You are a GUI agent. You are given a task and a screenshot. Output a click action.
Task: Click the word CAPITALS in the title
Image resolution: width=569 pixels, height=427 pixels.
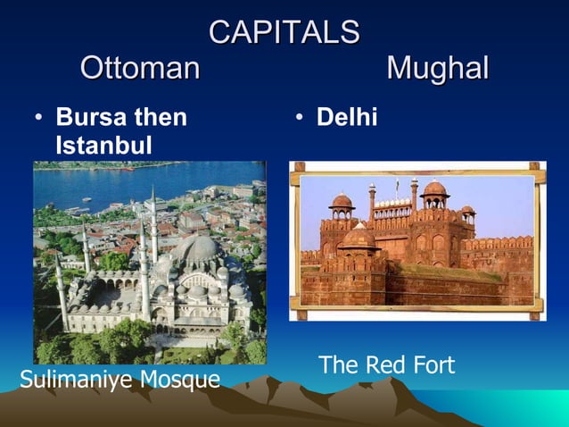[284, 33]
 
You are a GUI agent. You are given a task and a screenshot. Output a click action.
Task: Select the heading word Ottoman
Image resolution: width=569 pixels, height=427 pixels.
[140, 69]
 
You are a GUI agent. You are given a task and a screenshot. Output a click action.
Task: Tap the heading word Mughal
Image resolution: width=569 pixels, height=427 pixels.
[438, 69]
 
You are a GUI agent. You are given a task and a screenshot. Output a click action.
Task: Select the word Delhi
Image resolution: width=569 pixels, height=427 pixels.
[347, 117]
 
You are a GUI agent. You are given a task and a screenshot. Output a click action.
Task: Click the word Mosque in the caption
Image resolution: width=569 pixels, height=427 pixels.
[181, 381]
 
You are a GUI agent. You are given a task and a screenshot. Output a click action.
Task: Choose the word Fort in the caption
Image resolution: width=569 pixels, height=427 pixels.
[431, 365]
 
